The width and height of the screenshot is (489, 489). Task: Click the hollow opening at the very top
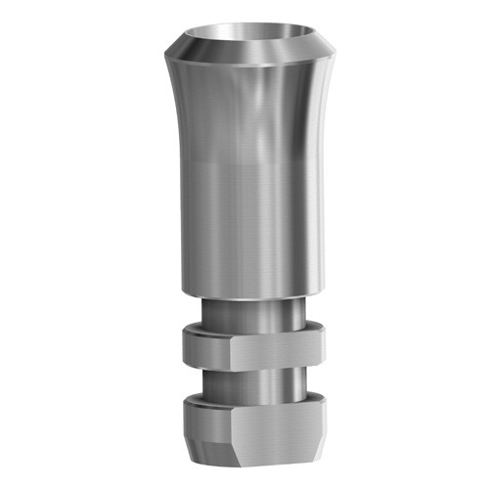point(244,41)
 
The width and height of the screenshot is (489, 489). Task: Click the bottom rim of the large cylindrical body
point(244,292)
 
